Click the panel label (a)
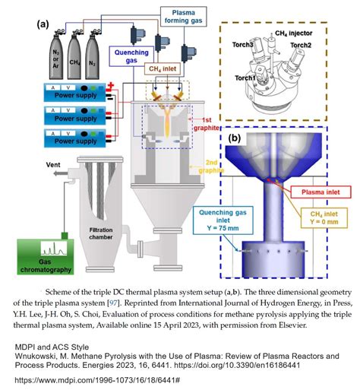coord(43,24)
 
